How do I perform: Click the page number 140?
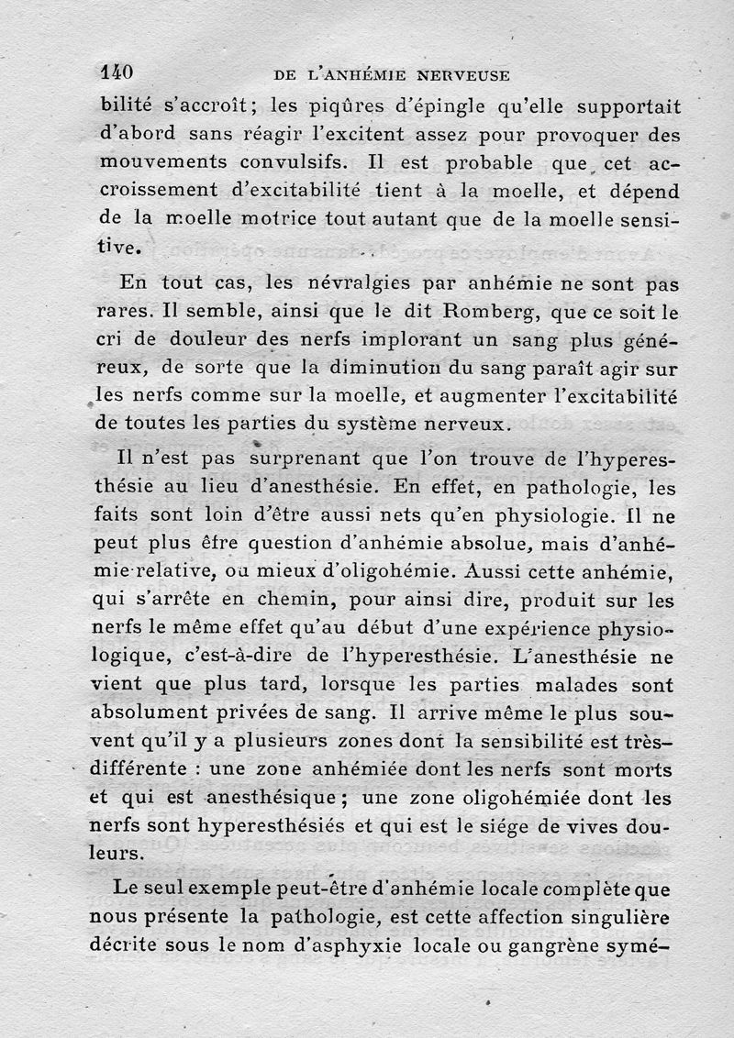coord(117,72)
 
